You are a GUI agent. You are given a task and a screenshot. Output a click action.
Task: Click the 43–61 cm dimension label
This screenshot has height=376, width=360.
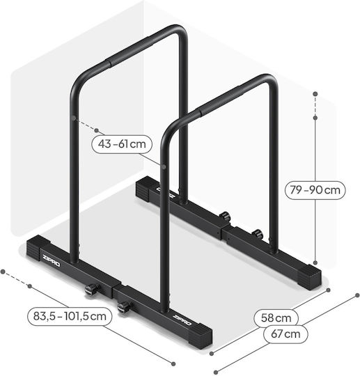coord(122,144)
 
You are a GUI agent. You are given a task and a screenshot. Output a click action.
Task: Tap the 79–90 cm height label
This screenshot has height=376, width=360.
coord(315,190)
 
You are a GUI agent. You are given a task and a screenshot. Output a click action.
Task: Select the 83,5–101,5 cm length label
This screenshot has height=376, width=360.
coord(70,316)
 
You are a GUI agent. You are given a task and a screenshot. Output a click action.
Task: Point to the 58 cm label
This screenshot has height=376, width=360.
coord(276,318)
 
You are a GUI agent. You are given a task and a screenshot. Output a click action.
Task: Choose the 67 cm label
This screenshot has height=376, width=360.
coord(285,334)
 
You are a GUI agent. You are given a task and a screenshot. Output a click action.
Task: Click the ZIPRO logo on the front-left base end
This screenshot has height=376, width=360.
coord(51,261)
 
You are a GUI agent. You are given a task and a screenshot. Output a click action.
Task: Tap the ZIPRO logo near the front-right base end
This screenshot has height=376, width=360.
coord(182,320)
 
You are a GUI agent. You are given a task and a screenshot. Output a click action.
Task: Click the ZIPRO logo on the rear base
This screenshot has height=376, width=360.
coord(166,192)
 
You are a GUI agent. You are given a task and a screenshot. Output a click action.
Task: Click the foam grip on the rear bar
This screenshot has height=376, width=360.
coord(131,51)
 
